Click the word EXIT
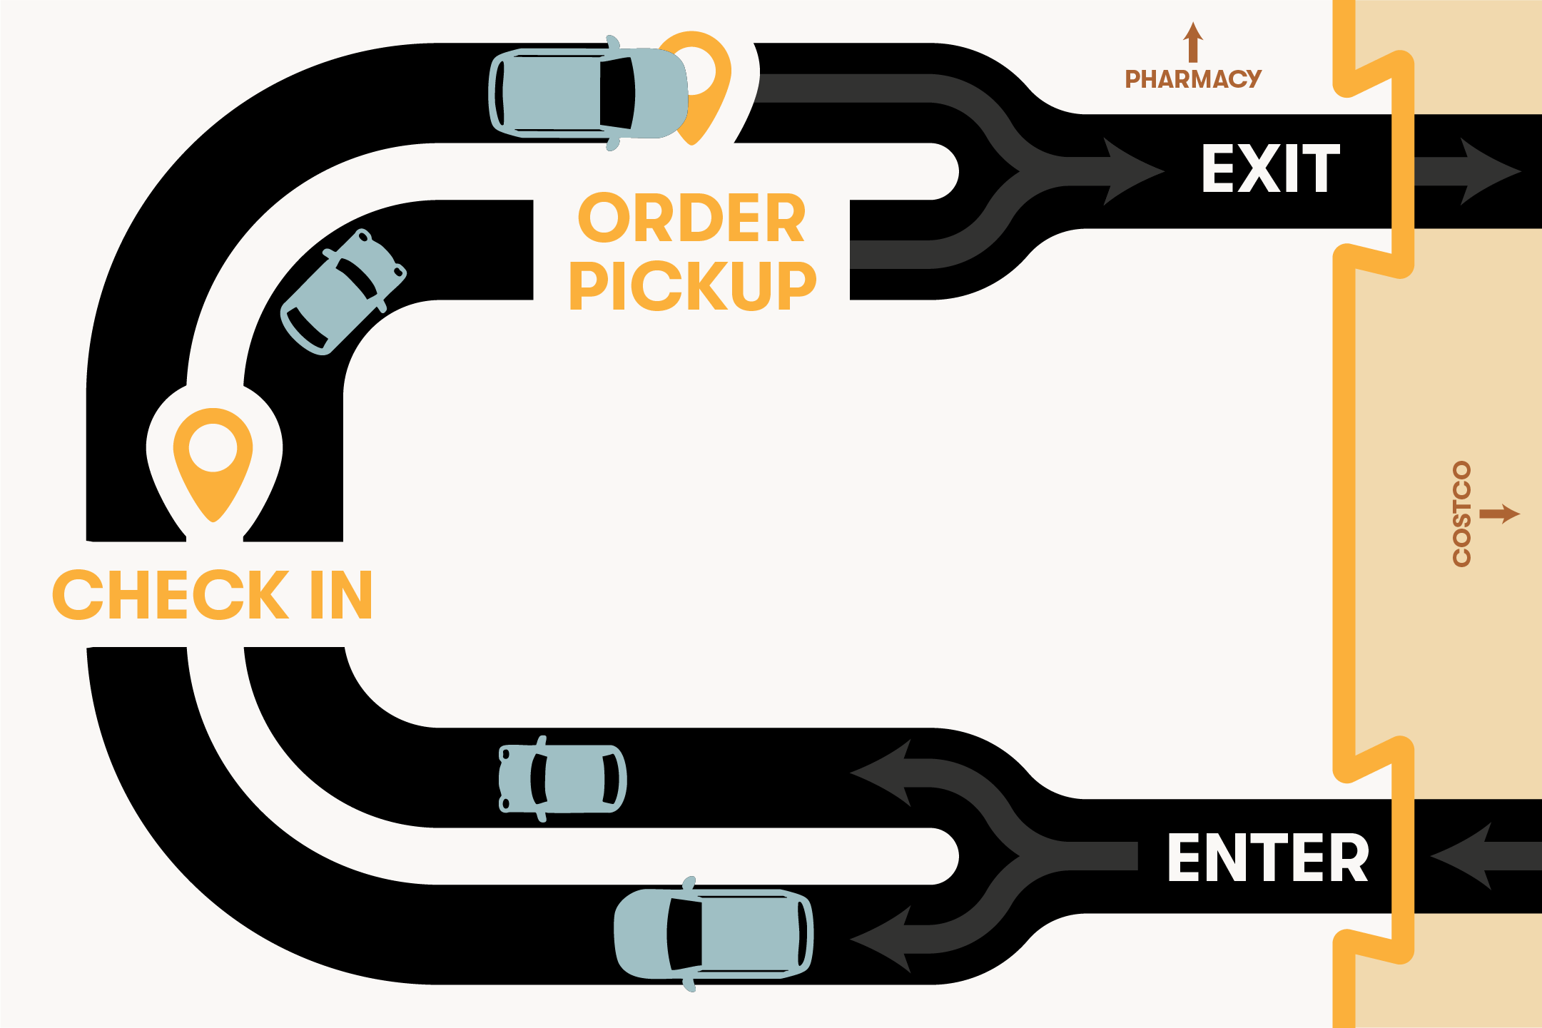click(x=1270, y=169)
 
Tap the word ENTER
click(x=1268, y=858)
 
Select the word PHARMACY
click(x=1193, y=79)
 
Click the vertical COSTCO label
click(x=1461, y=514)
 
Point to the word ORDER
click(x=691, y=218)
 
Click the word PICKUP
click(x=691, y=285)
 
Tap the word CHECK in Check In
click(x=171, y=595)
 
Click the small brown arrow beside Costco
click(x=1500, y=514)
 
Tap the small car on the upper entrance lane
click(x=562, y=779)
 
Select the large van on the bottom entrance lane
click(x=714, y=935)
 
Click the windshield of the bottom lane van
click(x=684, y=935)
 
